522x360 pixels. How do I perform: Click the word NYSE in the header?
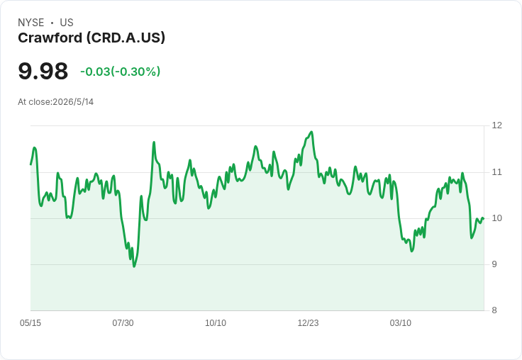31,23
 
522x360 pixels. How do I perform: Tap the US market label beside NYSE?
67,23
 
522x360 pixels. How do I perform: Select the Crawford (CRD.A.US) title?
91,38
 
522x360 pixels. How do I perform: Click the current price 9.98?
43,71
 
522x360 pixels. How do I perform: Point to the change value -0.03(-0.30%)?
120,72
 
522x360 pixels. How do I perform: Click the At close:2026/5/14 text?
55,102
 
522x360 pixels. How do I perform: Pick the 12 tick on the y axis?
497,125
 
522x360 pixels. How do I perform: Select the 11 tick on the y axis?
497,172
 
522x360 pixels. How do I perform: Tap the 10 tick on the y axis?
497,218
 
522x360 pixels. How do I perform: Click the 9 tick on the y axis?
494,264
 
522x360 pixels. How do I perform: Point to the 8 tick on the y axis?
494,310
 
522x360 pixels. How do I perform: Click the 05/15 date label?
30,323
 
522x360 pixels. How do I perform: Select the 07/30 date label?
123,323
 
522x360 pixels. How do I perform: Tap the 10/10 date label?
216,323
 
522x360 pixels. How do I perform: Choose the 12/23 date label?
308,323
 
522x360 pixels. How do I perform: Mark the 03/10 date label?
401,323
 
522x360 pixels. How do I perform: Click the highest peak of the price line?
311,132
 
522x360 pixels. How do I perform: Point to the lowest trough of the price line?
134,266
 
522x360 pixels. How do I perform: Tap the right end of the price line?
484,218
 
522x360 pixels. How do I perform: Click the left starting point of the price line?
30,164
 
